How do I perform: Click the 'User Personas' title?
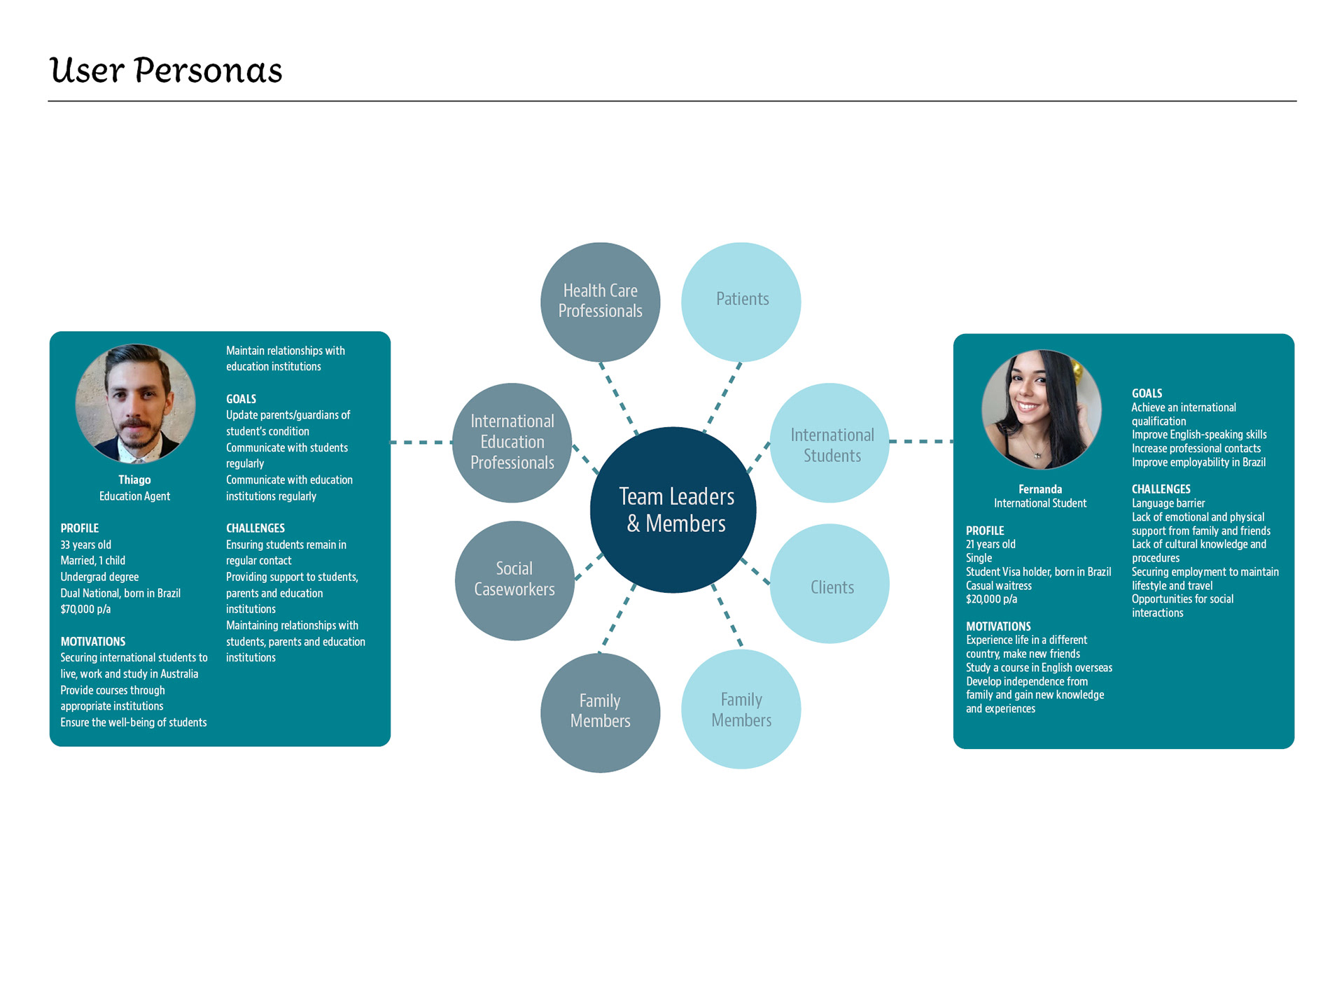(166, 71)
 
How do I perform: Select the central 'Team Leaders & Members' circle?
(673, 510)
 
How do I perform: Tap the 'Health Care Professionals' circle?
(600, 302)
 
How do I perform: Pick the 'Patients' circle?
(741, 302)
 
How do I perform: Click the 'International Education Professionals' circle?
(512, 442)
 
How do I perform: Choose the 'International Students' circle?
(830, 443)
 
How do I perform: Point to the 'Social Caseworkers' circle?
(514, 580)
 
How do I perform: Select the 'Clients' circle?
(830, 584)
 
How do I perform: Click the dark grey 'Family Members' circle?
(600, 712)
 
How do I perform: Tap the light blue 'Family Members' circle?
(741, 709)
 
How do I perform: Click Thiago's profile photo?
(135, 403)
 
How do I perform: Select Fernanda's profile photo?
(1041, 409)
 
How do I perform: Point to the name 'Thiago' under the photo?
(134, 480)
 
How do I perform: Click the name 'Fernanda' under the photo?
(1040, 489)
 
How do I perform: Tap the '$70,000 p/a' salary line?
(85, 609)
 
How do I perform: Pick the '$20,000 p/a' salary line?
(991, 599)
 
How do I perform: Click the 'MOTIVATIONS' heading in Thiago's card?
(93, 641)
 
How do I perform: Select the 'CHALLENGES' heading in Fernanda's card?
(1161, 489)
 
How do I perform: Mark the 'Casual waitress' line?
(999, 586)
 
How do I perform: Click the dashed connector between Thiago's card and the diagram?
(421, 442)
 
